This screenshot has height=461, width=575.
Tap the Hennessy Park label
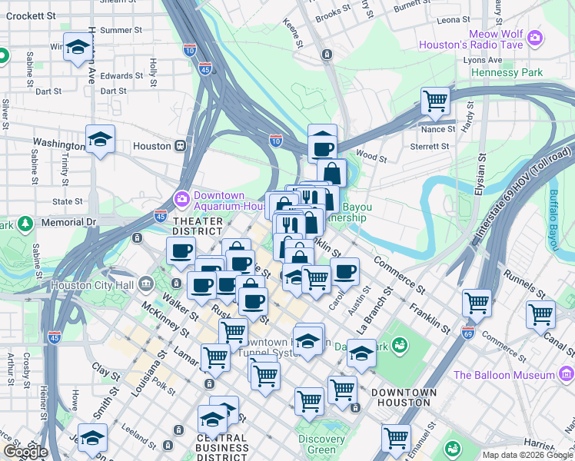point(507,73)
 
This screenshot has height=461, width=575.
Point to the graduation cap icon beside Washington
point(100,139)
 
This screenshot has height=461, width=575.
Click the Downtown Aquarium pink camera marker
point(182,199)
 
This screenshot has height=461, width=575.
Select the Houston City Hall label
point(91,286)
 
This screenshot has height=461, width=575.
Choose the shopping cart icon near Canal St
point(540,313)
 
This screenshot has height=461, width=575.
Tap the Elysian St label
point(482,176)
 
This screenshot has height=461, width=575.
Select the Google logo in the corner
point(25,452)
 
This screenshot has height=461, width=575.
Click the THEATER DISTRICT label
point(198,226)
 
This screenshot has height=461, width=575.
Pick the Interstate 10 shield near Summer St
point(190,49)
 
